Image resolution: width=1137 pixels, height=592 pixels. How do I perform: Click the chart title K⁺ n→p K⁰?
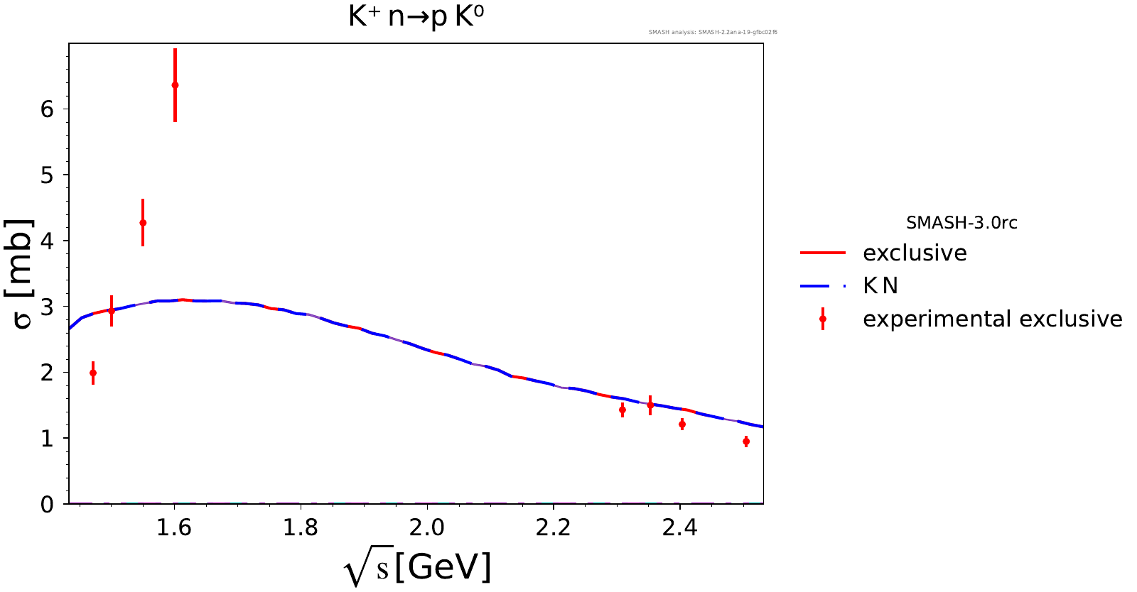(x=416, y=16)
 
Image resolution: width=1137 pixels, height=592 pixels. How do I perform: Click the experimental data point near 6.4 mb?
(x=175, y=85)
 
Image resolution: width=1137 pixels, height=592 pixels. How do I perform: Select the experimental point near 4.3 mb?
(x=143, y=222)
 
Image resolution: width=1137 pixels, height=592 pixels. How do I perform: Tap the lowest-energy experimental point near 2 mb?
(x=93, y=373)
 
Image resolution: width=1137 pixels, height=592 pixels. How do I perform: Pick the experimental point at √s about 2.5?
(x=746, y=442)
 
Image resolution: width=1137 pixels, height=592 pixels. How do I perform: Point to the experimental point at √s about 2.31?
(x=623, y=410)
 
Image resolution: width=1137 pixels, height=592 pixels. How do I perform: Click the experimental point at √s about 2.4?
(x=682, y=424)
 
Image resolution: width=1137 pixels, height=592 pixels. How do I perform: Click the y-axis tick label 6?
(x=47, y=109)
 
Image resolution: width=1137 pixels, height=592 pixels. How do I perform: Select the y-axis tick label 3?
(x=47, y=307)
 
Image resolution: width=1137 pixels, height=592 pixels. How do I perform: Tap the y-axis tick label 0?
(x=47, y=505)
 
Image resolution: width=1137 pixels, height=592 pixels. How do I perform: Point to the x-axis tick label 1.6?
(x=174, y=527)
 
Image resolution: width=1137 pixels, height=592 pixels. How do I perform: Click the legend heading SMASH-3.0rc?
(x=961, y=223)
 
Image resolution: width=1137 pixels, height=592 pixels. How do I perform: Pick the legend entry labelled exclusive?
(x=915, y=253)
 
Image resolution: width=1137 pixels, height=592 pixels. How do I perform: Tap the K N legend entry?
(x=880, y=285)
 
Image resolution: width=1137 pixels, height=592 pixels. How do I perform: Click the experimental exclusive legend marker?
(x=823, y=319)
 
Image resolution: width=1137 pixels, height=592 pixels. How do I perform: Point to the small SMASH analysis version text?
(x=713, y=32)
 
